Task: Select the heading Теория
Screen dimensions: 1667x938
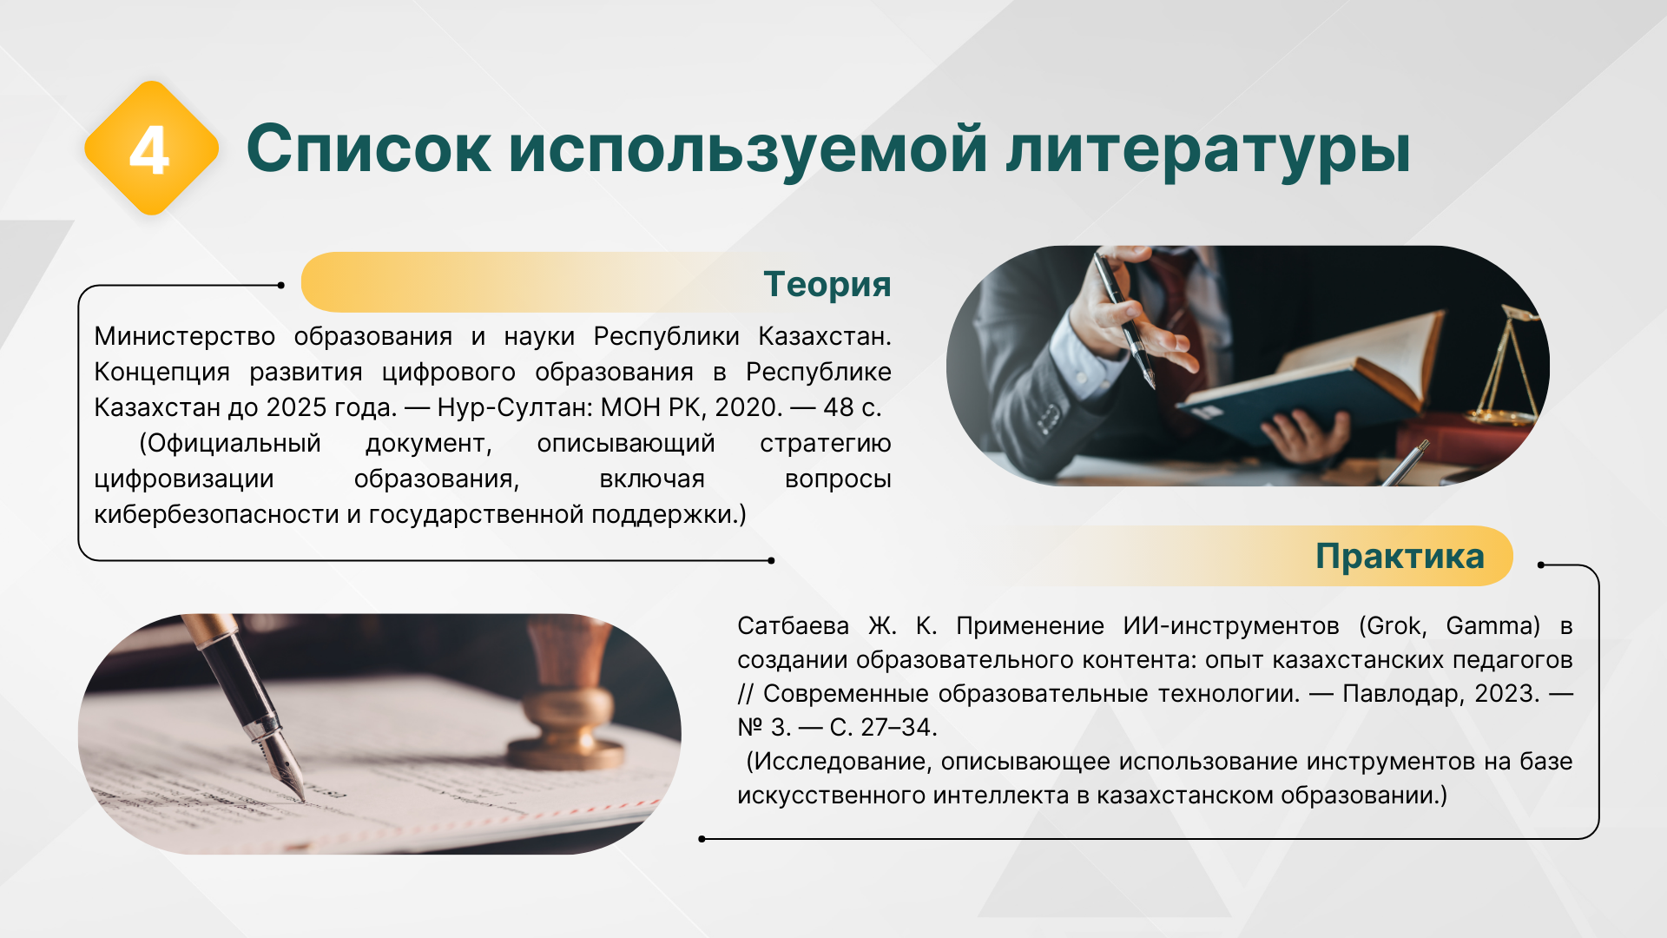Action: (x=827, y=284)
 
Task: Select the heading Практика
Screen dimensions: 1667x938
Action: (x=1400, y=556)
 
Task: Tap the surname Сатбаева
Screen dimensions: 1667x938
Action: (x=793, y=625)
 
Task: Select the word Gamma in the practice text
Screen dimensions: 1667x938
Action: (x=1492, y=625)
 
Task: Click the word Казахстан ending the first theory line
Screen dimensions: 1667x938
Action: (x=825, y=336)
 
